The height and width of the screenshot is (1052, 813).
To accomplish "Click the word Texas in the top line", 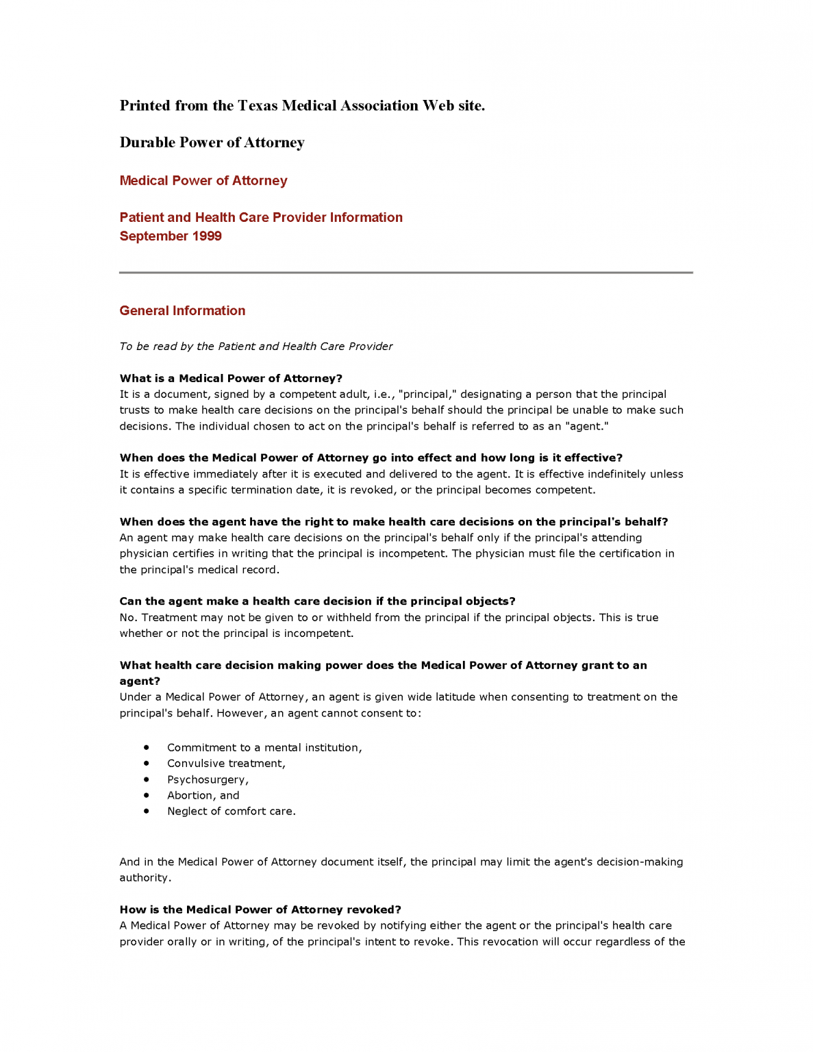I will click(258, 105).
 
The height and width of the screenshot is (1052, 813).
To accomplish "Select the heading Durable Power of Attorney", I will click(212, 142).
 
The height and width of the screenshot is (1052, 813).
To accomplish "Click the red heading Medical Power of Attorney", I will click(203, 181).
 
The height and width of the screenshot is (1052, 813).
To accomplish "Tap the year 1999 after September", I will click(207, 236).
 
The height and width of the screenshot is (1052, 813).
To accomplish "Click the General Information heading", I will click(182, 311).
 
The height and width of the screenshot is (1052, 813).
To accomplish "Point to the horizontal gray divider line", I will click(405, 273).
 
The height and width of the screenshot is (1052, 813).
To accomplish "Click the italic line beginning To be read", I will click(255, 347).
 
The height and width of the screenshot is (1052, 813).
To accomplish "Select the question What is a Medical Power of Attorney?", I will click(231, 379).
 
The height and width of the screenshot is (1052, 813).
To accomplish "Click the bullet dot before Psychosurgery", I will click(147, 779).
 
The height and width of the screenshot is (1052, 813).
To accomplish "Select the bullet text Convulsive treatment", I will click(226, 764).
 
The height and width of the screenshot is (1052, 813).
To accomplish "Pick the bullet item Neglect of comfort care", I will click(231, 812).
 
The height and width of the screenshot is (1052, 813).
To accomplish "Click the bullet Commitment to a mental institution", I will click(264, 748).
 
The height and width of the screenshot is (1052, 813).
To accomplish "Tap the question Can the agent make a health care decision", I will click(317, 601).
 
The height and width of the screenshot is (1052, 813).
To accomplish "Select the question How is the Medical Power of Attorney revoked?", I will click(260, 910).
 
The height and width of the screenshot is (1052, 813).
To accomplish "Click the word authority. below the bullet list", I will click(145, 878).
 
